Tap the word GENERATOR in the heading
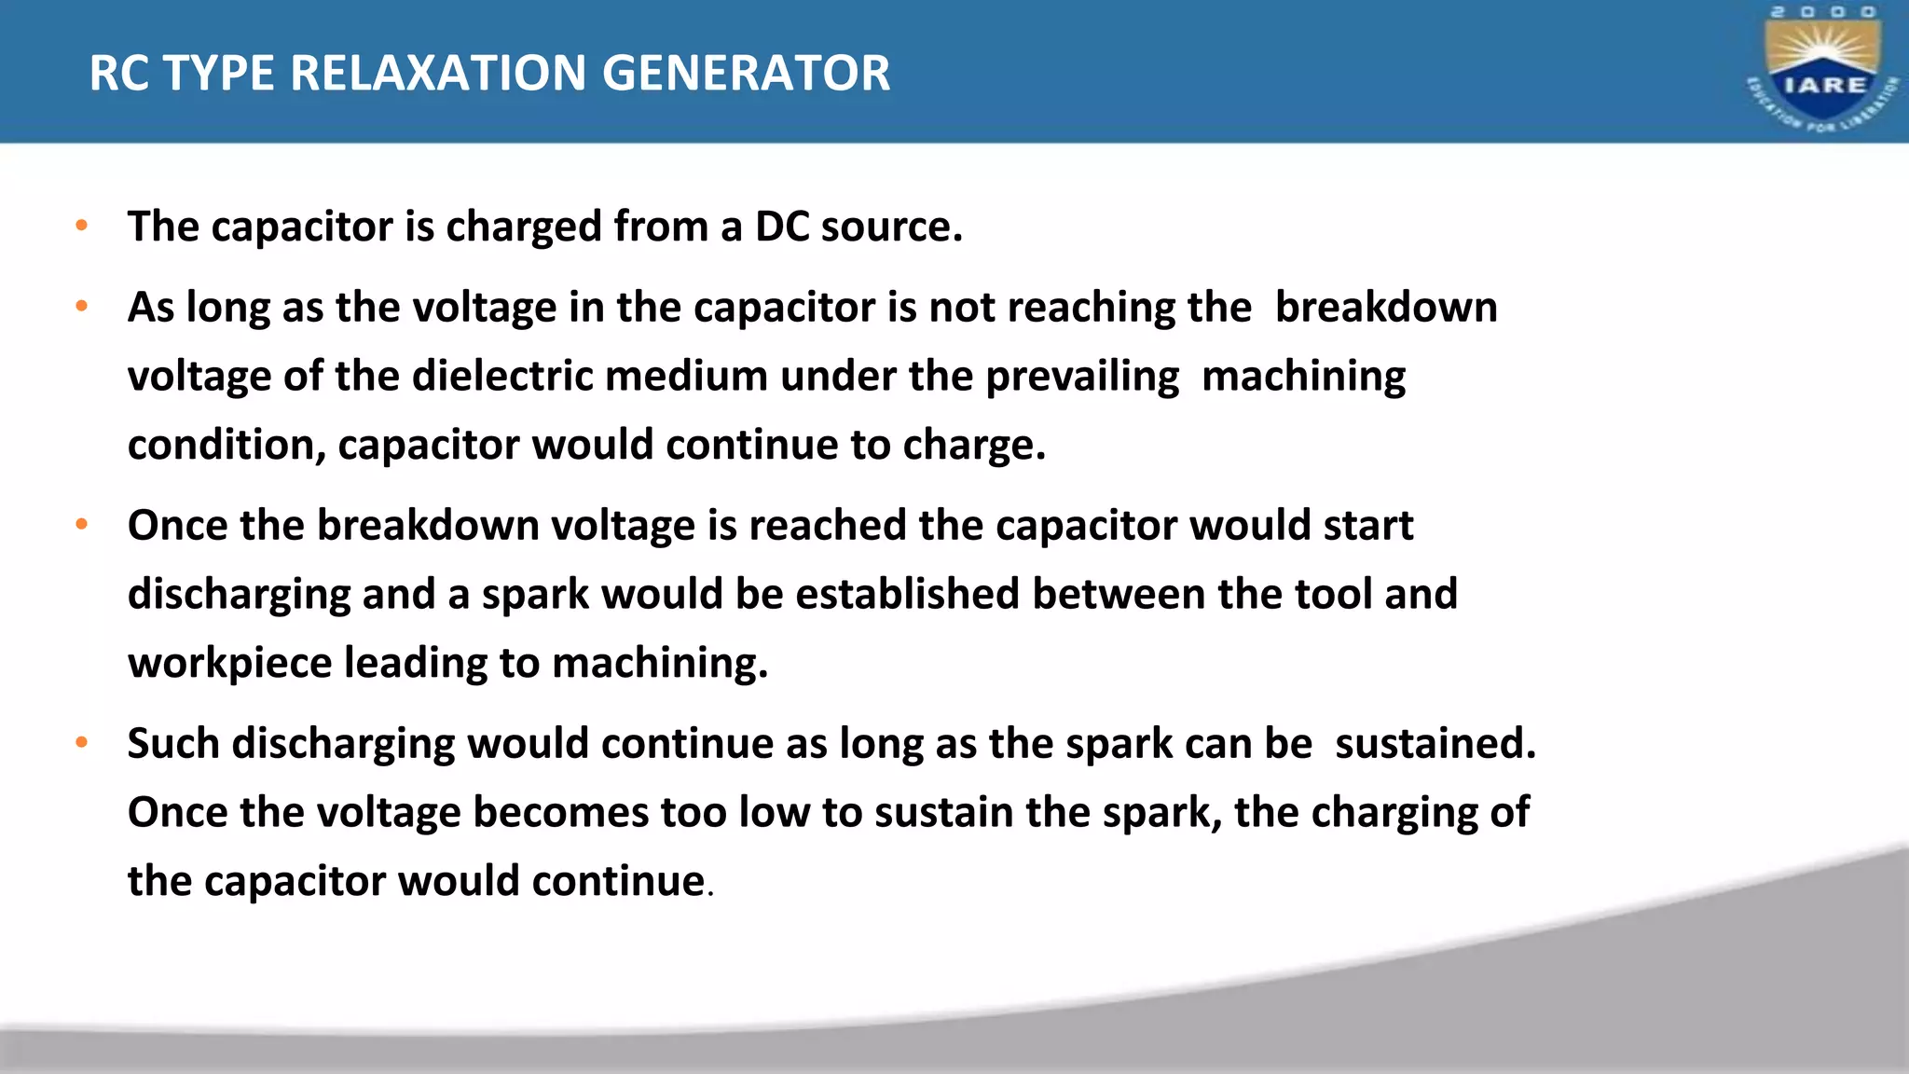pyautogui.click(x=746, y=73)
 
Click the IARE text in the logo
pyautogui.click(x=1824, y=85)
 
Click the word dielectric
pyautogui.click(x=502, y=376)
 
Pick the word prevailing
pyautogui.click(x=1082, y=377)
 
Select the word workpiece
pyautogui.click(x=229, y=663)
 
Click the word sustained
pyautogui.click(x=1435, y=743)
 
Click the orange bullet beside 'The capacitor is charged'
pyautogui.click(x=82, y=226)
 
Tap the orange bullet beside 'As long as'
pyautogui.click(x=82, y=306)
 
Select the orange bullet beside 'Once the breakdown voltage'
pyautogui.click(x=82, y=524)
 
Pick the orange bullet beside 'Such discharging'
pyautogui.click(x=82, y=742)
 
